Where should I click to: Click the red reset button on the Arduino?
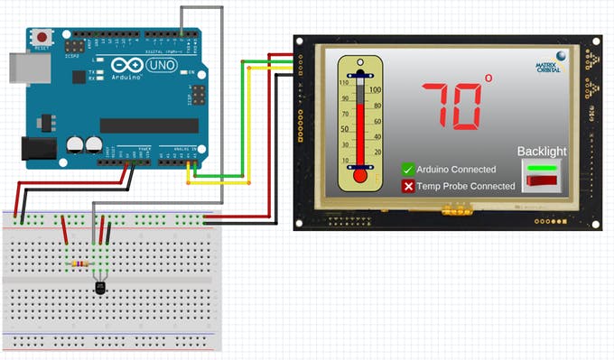[x=42, y=38]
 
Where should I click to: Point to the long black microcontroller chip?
[x=149, y=125]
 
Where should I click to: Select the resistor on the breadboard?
[x=79, y=263]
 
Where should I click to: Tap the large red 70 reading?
[x=451, y=105]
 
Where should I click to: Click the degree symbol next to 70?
[x=488, y=79]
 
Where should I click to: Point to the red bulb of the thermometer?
[x=361, y=175]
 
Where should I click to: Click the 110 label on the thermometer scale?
[x=344, y=83]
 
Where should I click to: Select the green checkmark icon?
[x=408, y=170]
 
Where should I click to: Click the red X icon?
[x=408, y=187]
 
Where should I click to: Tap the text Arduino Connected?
[x=456, y=170]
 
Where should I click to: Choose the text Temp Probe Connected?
[x=465, y=187]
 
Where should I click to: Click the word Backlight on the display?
[x=542, y=152]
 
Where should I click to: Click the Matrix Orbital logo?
[x=551, y=62]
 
